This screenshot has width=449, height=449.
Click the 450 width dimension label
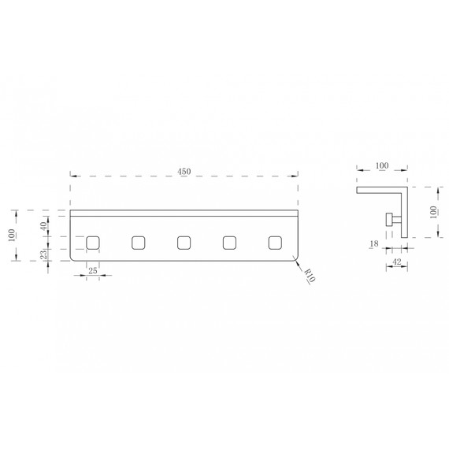pyautogui.click(x=184, y=172)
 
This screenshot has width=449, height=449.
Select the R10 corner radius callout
pyautogui.click(x=310, y=276)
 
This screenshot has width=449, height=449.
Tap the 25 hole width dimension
pyautogui.click(x=93, y=271)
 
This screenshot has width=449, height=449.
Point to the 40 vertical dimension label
pyautogui.click(x=43, y=226)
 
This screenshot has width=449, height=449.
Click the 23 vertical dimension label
pyautogui.click(x=43, y=254)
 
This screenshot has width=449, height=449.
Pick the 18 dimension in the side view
pyautogui.click(x=374, y=243)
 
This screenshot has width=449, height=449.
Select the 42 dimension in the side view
pyautogui.click(x=396, y=262)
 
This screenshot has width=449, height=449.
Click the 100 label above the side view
pyautogui.click(x=382, y=165)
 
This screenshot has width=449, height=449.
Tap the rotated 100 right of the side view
pyautogui.click(x=433, y=212)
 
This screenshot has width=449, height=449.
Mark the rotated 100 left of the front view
pyautogui.click(x=12, y=236)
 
